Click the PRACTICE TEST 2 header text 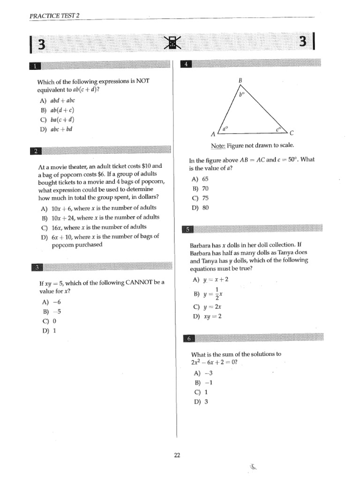54,15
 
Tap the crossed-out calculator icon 173,44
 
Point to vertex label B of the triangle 240,81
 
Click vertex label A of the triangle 213,134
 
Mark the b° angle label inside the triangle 242,94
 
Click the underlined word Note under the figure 218,145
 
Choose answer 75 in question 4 205,198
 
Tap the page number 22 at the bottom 177,455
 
